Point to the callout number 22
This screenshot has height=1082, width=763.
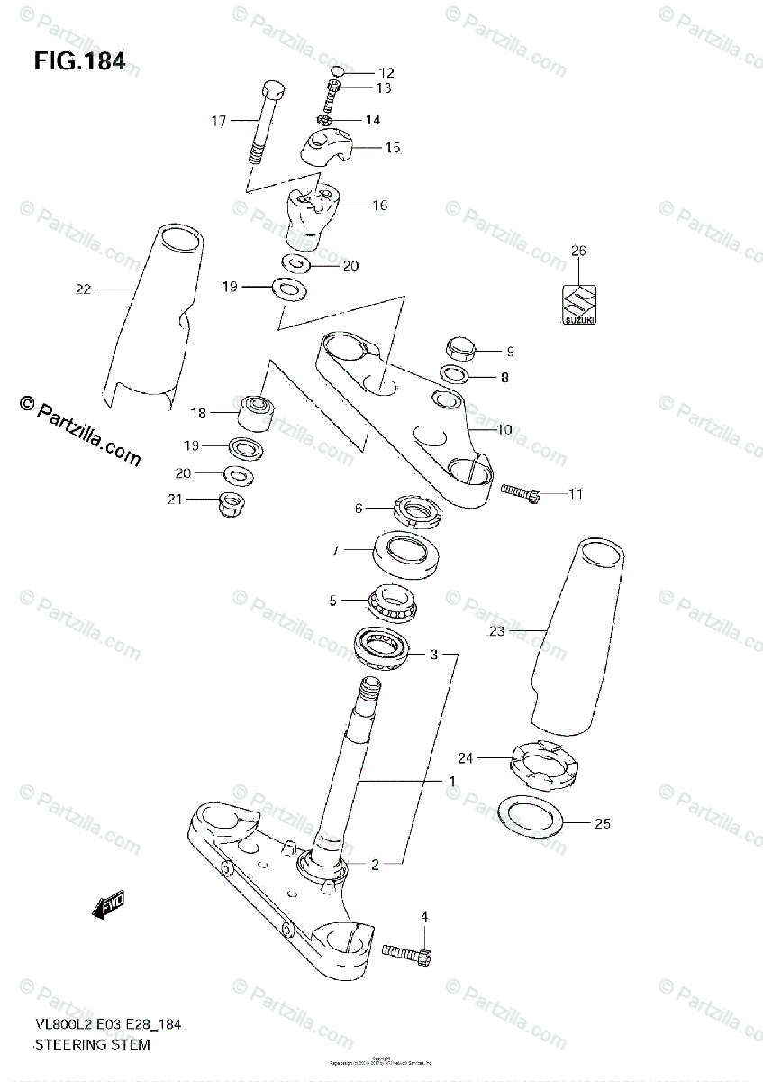click(84, 289)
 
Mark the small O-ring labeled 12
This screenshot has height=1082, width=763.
click(335, 72)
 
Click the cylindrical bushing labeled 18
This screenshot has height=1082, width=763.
click(257, 411)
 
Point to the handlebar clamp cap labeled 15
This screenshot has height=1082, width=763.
click(325, 147)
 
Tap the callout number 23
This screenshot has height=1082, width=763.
click(496, 632)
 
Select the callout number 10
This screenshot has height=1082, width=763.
click(504, 430)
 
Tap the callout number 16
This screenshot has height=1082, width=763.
click(379, 206)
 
